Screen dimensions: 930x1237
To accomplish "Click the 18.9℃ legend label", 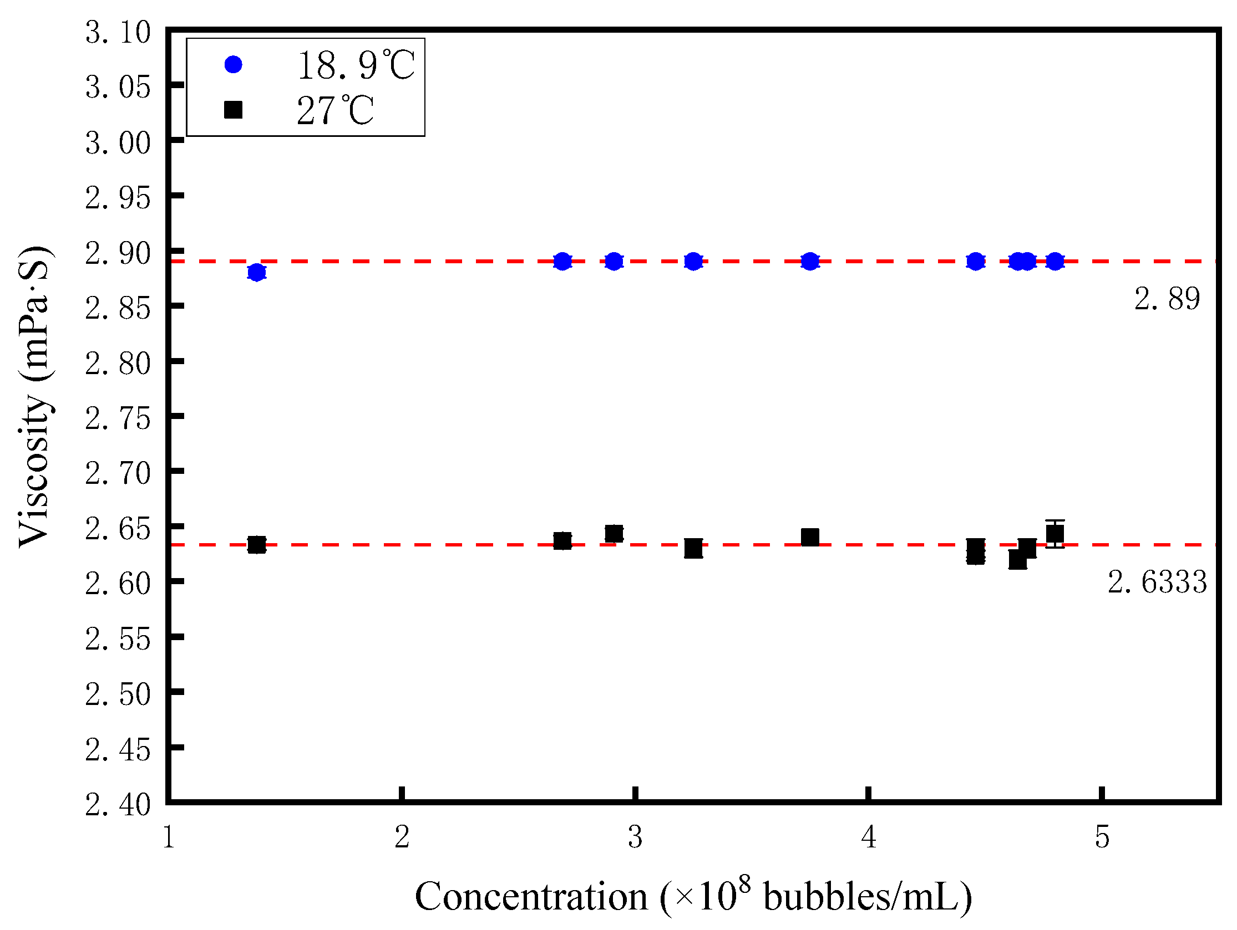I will tap(356, 65).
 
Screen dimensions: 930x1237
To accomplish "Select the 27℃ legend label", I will tap(334, 110).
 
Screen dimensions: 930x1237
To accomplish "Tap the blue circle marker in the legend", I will tap(233, 65).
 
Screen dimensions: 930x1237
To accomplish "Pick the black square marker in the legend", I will tap(233, 110).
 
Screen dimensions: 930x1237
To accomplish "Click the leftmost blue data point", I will tap(257, 273).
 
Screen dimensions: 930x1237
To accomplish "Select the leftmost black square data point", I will tap(257, 544).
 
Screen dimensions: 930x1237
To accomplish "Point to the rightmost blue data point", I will tap(1055, 261).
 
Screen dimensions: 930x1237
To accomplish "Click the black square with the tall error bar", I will tap(1055, 534).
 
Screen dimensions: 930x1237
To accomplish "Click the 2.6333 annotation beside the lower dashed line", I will tap(1157, 582).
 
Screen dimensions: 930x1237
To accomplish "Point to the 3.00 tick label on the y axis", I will tap(118, 143).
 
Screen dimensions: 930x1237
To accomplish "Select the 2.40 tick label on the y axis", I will tap(118, 805).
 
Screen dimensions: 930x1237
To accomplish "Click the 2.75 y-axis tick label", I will tap(118, 418).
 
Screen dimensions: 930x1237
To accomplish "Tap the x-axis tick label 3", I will tap(635, 837).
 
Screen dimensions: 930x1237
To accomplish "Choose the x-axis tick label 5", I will tap(1102, 837).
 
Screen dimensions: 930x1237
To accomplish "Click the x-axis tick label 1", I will tap(169, 837).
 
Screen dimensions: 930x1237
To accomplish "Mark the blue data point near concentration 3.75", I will tap(810, 261).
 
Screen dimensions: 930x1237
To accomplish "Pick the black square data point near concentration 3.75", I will tap(810, 537).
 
